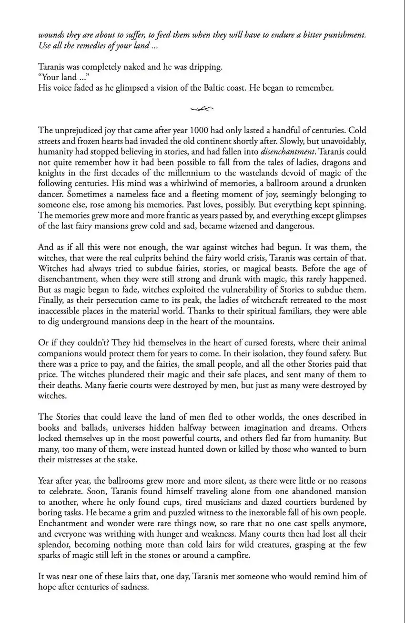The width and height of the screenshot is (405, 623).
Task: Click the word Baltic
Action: (232, 88)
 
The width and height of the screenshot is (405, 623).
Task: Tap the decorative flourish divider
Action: (202, 109)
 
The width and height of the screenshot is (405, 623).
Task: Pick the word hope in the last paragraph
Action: (48, 587)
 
